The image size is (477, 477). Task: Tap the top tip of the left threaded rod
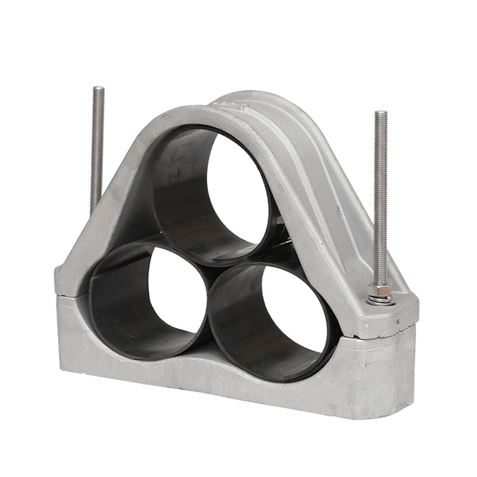(98, 89)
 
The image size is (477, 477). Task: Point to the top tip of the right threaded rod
(380, 113)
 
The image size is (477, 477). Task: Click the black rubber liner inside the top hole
(179, 186)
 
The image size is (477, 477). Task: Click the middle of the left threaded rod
(96, 149)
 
